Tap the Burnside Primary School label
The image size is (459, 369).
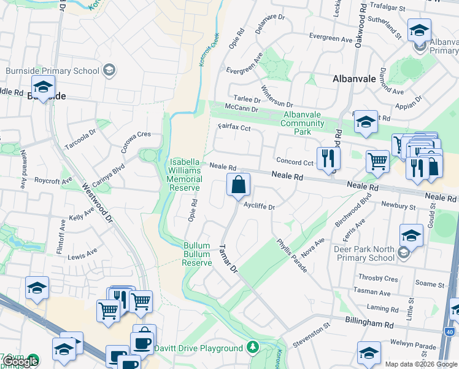(x=52, y=71)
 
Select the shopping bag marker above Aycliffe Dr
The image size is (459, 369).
(x=238, y=184)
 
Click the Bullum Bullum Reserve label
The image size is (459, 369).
(x=197, y=253)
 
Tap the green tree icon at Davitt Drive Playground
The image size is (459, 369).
(x=252, y=348)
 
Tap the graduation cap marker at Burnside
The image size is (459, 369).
(x=43, y=87)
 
